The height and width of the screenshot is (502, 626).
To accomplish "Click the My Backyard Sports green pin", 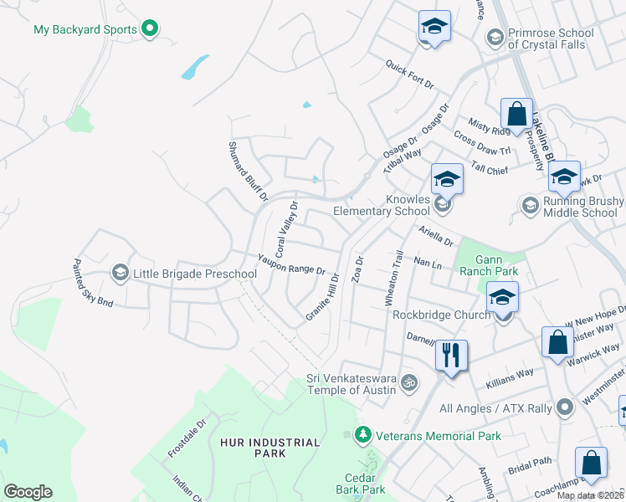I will point(150,29).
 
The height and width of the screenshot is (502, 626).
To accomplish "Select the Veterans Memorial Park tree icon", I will point(362,435).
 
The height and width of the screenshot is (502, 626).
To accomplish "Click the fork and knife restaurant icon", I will point(451,354).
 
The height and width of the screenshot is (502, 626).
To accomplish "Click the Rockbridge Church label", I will point(441,315).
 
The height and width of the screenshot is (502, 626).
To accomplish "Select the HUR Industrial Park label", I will point(270,448).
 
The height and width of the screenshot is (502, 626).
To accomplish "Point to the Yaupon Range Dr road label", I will point(291,264).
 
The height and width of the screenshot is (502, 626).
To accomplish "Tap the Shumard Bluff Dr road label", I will point(248,171).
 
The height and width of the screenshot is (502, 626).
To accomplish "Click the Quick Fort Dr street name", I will point(410,74).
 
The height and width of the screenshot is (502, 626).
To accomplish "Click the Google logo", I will point(28,492).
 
